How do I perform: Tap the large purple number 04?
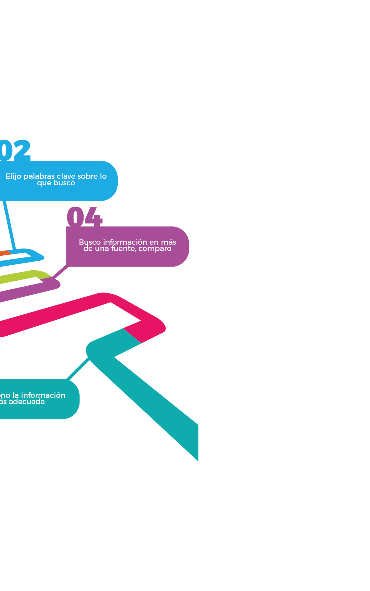84,216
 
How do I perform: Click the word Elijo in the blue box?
13,176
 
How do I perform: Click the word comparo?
155,249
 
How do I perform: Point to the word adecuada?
27,402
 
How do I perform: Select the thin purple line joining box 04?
60,272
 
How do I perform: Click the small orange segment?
5,253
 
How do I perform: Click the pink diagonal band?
63,311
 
